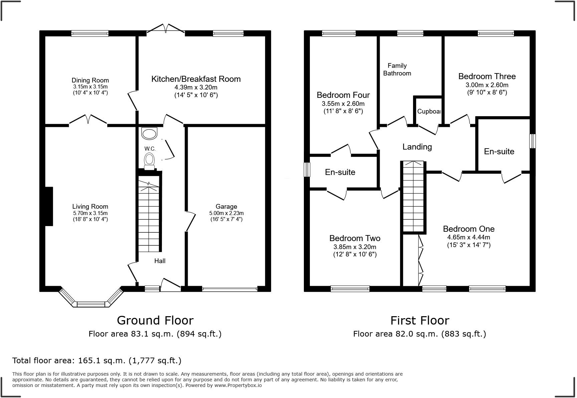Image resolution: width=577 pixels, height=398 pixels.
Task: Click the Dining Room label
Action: [90, 80]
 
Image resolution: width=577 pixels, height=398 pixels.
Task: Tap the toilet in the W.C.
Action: [149, 160]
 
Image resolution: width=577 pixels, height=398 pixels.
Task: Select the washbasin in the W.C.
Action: [149, 134]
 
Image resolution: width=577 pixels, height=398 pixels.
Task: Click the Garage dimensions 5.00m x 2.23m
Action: [226, 213]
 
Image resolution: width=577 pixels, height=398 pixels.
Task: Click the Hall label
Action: [160, 261]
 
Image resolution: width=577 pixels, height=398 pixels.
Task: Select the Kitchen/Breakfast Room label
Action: [196, 79]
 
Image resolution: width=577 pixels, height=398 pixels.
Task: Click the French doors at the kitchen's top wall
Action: [166, 29]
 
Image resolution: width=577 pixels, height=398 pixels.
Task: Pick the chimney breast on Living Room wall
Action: [49, 206]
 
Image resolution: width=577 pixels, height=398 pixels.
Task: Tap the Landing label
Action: [417, 147]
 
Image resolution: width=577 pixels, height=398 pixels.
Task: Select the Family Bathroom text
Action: [397, 69]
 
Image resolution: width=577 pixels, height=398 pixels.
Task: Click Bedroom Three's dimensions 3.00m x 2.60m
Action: [487, 85]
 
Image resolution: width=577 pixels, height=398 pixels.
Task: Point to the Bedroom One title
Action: [468, 229]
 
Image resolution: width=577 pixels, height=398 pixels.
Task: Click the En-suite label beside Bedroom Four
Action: [340, 172]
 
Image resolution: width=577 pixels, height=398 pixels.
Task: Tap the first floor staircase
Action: [414, 197]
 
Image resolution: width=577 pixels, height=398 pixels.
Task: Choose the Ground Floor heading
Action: [155, 320]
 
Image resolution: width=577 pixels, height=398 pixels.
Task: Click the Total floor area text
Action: [97, 361]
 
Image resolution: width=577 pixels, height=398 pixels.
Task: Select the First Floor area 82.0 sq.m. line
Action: [419, 334]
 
